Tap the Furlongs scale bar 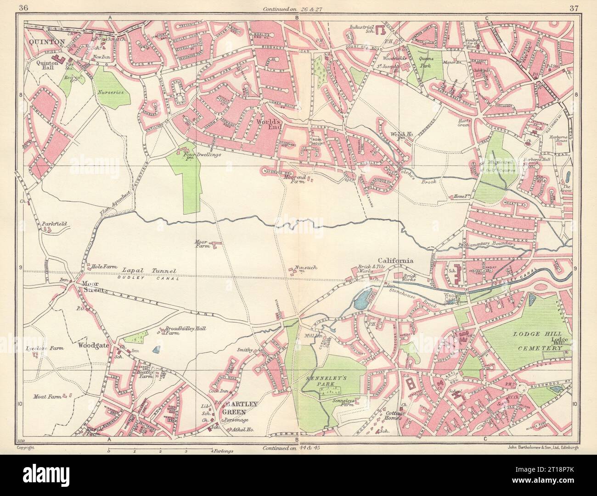160,451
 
